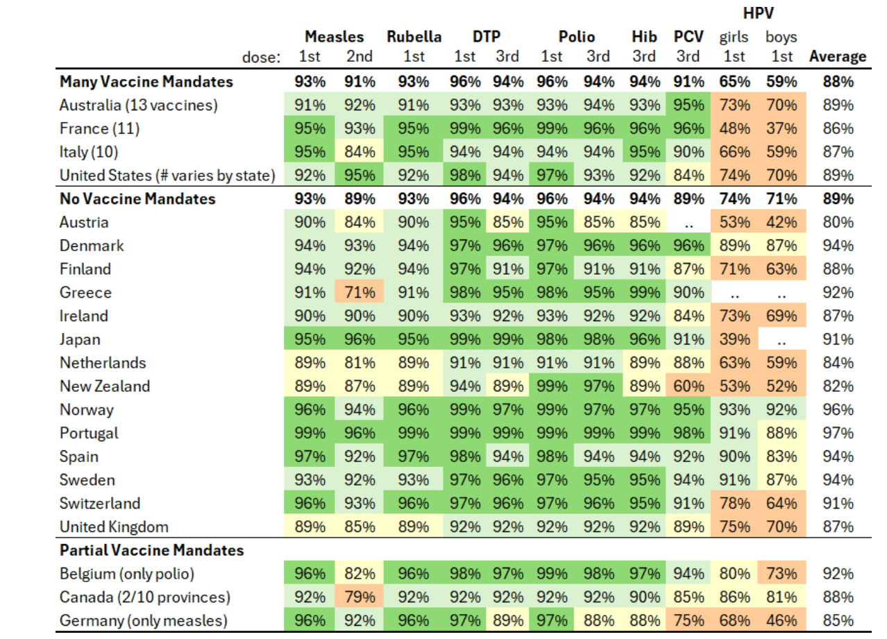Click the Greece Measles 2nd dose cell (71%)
(359, 293)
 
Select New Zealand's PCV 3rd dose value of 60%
(689, 386)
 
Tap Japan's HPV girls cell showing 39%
(734, 340)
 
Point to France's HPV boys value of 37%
(781, 129)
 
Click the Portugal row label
(89, 433)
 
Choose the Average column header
(838, 57)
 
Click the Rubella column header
(414, 37)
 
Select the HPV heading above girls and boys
(758, 13)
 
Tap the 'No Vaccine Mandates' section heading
(137, 199)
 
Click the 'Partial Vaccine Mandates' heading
(151, 551)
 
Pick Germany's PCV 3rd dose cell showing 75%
(689, 621)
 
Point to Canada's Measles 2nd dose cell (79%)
(359, 597)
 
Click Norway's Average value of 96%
(838, 410)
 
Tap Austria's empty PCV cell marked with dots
(689, 223)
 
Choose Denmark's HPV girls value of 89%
(734, 246)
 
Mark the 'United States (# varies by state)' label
(167, 176)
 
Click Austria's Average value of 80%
(838, 223)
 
